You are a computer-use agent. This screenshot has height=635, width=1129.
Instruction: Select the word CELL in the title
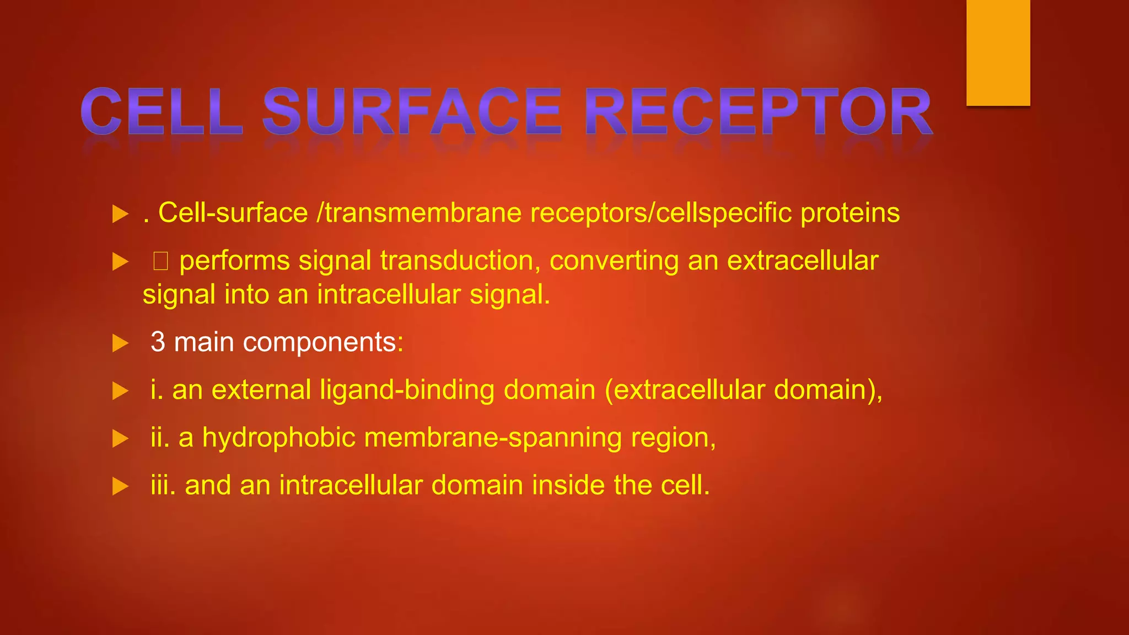click(x=162, y=111)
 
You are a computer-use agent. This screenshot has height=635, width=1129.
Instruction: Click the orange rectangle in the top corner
click(x=998, y=52)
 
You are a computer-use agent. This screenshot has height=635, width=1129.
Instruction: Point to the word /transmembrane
click(x=419, y=213)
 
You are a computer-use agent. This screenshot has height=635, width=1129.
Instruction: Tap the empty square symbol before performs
click(x=160, y=261)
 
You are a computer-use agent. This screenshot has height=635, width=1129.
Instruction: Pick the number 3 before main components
click(x=158, y=342)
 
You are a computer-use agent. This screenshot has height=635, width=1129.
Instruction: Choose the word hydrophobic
click(x=278, y=438)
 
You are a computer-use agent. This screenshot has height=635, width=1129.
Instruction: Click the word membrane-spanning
click(x=493, y=438)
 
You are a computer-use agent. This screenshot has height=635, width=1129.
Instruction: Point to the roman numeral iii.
click(x=163, y=485)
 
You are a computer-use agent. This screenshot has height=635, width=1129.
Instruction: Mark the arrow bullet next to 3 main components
click(x=120, y=343)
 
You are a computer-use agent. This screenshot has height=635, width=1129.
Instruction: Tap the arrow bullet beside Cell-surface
click(x=120, y=214)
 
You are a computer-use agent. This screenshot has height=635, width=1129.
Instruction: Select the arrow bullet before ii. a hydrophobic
click(x=120, y=439)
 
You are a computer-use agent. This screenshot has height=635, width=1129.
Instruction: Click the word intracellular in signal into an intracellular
click(x=389, y=294)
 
